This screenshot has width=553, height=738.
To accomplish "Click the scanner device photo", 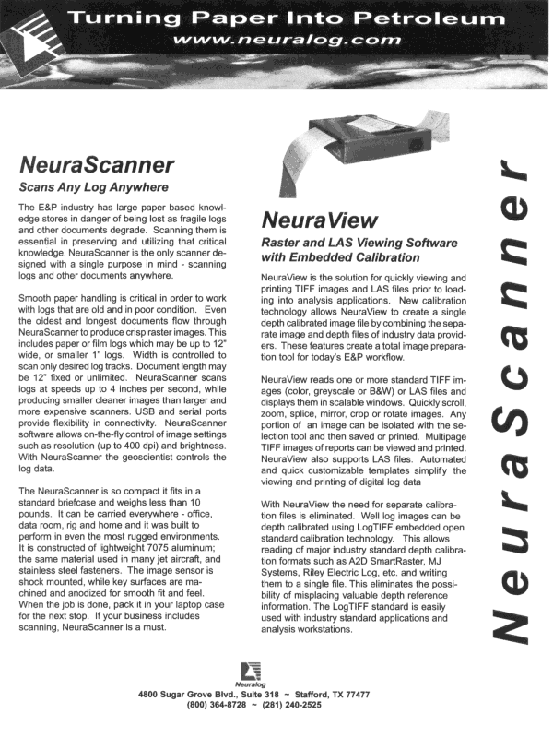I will (x=369, y=176).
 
